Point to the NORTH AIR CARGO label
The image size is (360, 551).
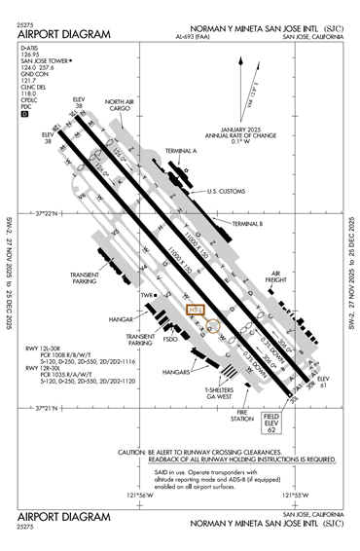[119, 104]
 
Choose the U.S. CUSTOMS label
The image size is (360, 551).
[228, 192]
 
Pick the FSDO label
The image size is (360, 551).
[171, 341]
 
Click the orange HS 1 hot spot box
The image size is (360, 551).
[194, 311]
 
